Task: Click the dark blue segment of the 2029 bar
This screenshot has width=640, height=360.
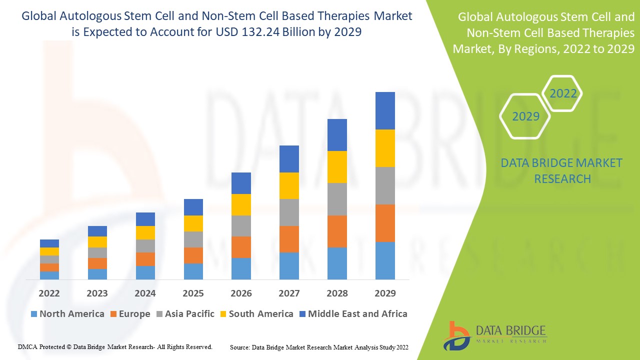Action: click(x=385, y=110)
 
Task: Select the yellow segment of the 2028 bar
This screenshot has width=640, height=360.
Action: click(x=337, y=166)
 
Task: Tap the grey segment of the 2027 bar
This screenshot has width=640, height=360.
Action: click(x=289, y=212)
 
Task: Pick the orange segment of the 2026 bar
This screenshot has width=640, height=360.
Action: click(x=241, y=247)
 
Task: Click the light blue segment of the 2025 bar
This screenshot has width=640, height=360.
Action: click(x=193, y=271)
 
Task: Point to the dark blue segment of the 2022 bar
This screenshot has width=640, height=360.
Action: click(x=49, y=243)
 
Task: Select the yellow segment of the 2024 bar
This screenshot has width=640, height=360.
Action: click(x=145, y=232)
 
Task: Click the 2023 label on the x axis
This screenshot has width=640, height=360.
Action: click(x=97, y=293)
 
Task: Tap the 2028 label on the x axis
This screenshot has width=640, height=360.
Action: click(x=337, y=293)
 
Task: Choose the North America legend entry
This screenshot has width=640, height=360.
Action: click(x=67, y=314)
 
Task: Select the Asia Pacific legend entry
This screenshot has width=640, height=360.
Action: click(x=185, y=314)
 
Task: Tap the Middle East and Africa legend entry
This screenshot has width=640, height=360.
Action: click(x=353, y=314)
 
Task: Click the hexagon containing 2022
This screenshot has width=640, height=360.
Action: click(x=563, y=93)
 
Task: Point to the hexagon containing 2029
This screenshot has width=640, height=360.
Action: click(x=525, y=116)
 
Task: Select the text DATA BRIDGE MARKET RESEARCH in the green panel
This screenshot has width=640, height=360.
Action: click(x=562, y=170)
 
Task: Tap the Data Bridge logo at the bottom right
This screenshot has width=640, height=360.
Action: click(x=495, y=335)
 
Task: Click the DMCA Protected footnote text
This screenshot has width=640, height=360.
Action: click(x=115, y=346)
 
